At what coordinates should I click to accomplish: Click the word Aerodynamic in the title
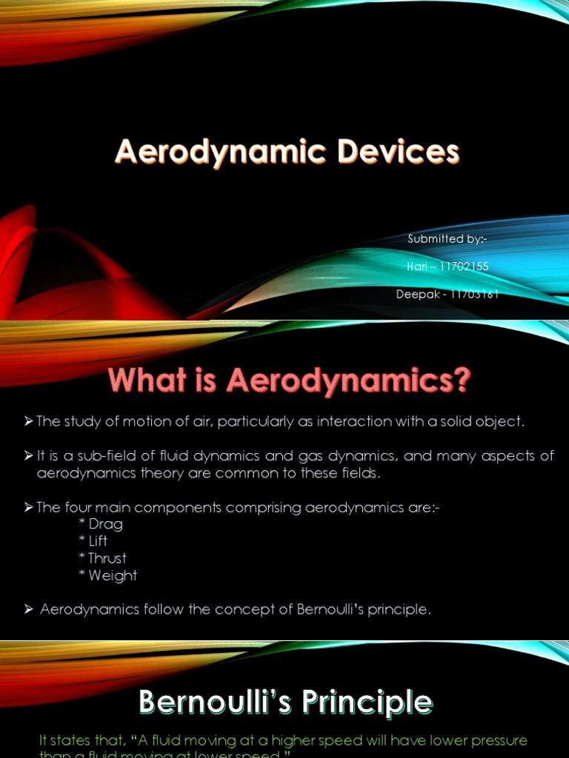[x=219, y=152]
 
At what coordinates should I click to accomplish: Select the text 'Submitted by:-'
[x=447, y=238]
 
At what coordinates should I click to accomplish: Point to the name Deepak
[x=418, y=295]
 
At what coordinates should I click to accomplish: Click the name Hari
[x=418, y=266]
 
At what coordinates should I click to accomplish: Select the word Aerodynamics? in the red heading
[x=348, y=381]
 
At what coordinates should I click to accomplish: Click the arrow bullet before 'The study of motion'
[x=29, y=421]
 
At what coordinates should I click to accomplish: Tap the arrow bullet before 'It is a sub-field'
[x=29, y=456]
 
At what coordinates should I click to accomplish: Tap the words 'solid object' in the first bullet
[x=488, y=421]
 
